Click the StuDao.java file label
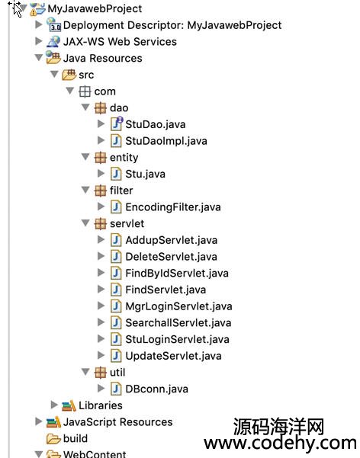pos(156,124)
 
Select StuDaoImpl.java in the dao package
pos(166,141)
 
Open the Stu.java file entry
pos(145,174)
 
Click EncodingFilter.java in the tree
pos(173,207)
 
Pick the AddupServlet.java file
pos(172,240)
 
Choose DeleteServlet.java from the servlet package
pos(171,257)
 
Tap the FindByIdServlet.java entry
pos(177,274)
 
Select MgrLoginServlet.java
pos(178,306)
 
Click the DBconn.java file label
pos(157,389)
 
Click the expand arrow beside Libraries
pos(54,405)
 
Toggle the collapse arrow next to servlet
pos(85,223)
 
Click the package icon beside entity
pos(101,158)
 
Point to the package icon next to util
pos(101,373)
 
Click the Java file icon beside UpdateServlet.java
pos(116,356)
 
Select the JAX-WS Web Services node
pos(120,42)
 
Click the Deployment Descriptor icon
pos(53,24)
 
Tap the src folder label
pos(86,75)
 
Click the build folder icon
pos(53,438)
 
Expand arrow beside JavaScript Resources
pos(39,421)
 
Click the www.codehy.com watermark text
pos(280,443)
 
